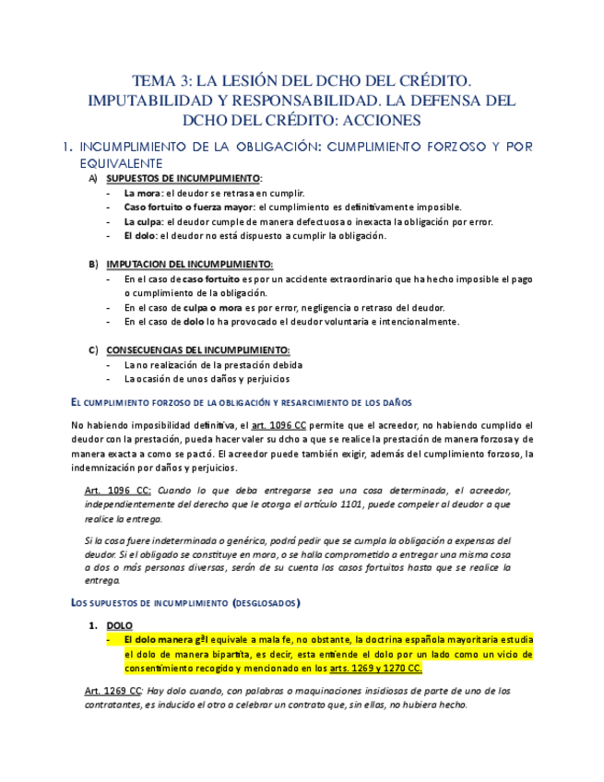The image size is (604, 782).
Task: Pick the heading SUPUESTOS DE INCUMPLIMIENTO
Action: click(184, 178)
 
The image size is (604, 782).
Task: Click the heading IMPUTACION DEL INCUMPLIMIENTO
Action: click(189, 264)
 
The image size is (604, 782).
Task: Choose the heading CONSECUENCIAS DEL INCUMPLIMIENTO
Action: click(197, 350)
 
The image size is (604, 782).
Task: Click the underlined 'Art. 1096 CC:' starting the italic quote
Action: click(113, 490)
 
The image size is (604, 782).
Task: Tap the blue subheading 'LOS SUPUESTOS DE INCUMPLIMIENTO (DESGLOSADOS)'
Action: click(185, 602)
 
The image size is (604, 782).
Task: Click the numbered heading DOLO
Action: click(120, 625)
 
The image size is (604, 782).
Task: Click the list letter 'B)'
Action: click(93, 264)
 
